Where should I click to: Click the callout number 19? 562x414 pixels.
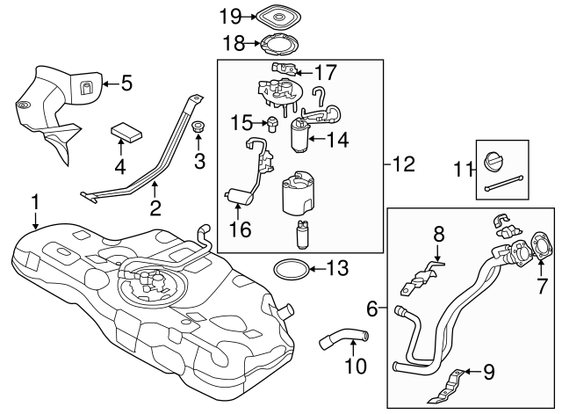click(x=230, y=15)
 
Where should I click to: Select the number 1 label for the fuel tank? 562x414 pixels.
click(x=35, y=203)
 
